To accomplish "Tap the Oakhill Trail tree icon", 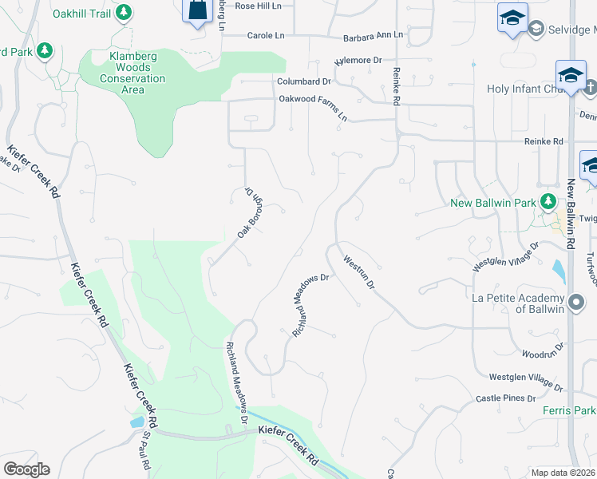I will click(124, 12).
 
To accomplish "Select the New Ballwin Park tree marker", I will click(548, 202).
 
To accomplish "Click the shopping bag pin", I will click(198, 11).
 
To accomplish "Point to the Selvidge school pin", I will click(512, 18).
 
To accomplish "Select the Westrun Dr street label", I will click(358, 271).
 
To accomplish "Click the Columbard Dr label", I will click(303, 81).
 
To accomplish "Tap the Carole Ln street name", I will click(266, 36).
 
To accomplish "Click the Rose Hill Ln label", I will click(259, 6).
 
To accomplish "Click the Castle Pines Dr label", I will click(505, 398).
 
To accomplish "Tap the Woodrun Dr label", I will click(542, 352).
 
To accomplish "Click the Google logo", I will click(26, 469).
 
